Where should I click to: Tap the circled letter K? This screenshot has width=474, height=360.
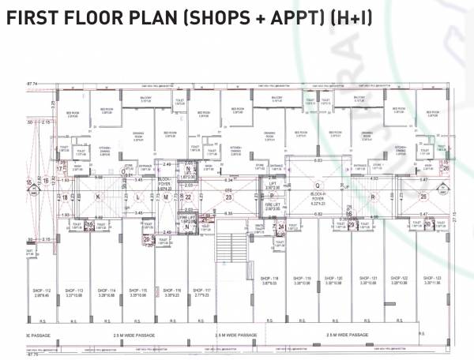99,197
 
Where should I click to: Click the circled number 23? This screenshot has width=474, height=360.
228,197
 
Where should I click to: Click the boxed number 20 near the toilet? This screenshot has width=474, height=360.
147,239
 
